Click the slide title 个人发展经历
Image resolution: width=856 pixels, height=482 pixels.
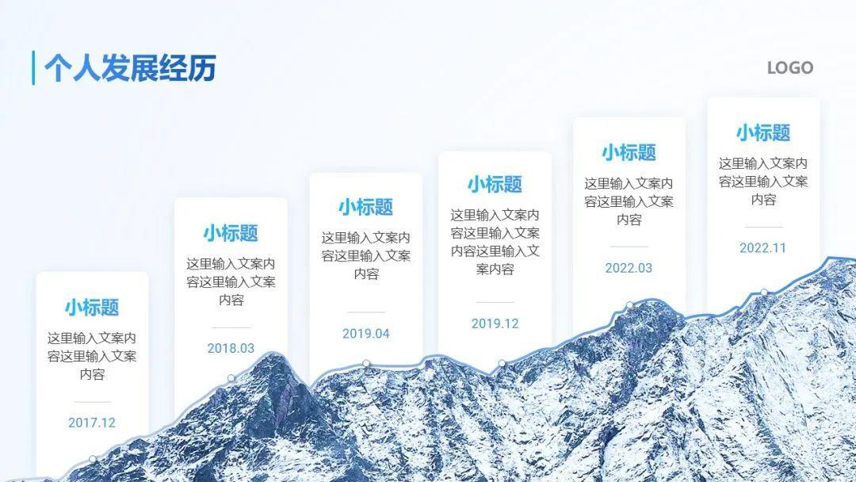click(x=130, y=68)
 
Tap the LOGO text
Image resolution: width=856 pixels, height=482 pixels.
click(x=789, y=68)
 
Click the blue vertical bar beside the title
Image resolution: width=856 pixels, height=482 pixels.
click(x=33, y=68)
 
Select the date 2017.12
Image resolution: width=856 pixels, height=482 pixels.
click(x=92, y=423)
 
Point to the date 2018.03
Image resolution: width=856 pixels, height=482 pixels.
click(x=231, y=348)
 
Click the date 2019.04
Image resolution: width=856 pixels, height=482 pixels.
click(x=366, y=334)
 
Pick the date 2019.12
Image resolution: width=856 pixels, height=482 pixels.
click(x=495, y=323)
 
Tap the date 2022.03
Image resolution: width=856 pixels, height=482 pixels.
click(x=629, y=268)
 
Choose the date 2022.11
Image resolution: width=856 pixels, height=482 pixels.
click(x=762, y=248)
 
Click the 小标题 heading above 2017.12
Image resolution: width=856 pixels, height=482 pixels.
click(x=92, y=307)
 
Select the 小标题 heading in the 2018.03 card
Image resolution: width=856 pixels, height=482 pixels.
click(x=231, y=233)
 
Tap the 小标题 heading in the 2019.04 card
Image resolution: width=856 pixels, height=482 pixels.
click(x=366, y=208)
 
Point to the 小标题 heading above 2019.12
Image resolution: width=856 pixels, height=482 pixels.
click(x=495, y=185)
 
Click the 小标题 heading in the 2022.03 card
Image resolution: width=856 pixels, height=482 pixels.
click(x=629, y=152)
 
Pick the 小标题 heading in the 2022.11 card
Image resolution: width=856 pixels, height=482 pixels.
click(x=762, y=132)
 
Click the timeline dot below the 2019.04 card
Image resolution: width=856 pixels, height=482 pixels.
click(x=366, y=364)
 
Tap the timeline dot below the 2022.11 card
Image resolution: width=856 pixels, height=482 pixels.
click(x=764, y=293)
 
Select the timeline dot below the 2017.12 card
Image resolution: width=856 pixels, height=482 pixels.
click(x=93, y=459)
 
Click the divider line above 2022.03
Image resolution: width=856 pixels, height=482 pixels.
click(x=629, y=247)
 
